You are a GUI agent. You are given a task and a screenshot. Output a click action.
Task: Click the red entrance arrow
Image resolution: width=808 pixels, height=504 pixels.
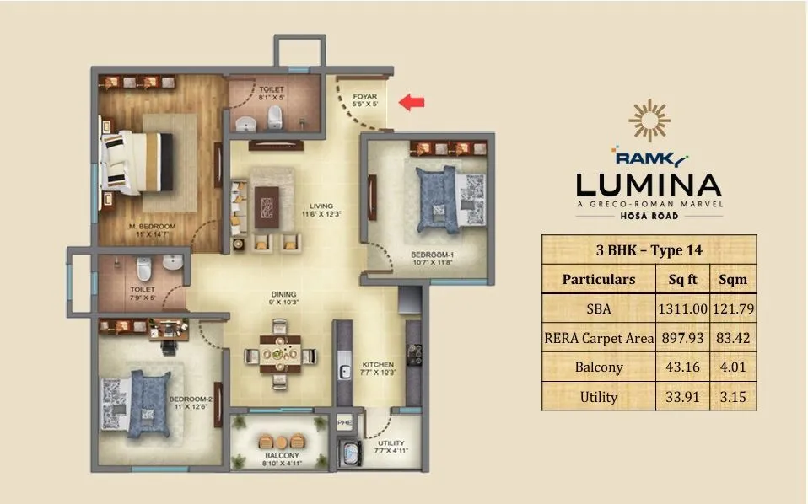(x=412, y=103)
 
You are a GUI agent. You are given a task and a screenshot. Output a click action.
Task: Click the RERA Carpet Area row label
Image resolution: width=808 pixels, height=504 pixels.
(x=598, y=339)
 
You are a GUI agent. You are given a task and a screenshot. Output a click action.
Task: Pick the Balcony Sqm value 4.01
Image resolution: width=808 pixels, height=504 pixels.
(x=733, y=367)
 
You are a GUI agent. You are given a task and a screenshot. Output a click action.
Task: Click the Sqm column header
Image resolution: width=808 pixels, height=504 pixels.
(x=733, y=279)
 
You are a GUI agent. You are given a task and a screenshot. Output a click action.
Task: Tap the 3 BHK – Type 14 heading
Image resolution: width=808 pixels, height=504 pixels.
(x=649, y=249)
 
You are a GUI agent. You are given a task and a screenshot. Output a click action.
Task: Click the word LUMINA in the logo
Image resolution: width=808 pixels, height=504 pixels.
(x=649, y=184)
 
